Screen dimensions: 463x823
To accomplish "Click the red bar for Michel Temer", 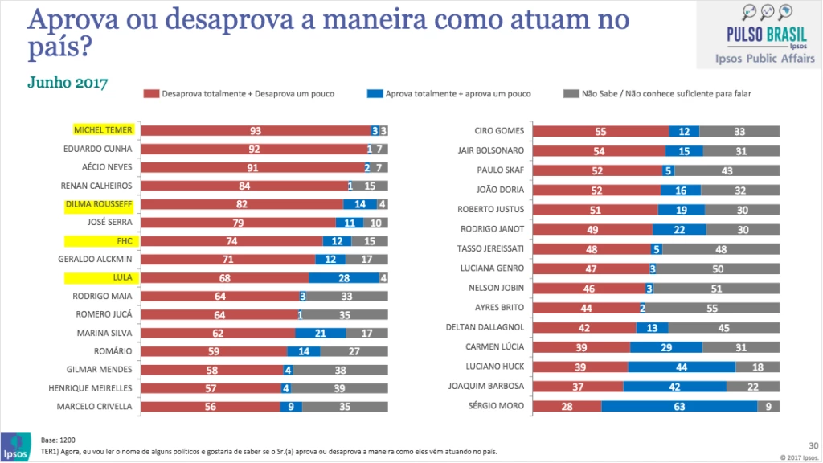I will (x=257, y=130).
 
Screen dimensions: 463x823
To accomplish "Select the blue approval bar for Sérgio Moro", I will (x=679, y=405).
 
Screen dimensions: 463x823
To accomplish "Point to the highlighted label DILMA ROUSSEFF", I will (x=102, y=204).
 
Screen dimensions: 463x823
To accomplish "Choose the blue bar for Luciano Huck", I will (x=682, y=366).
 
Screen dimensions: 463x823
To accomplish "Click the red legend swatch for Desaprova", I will (x=151, y=93).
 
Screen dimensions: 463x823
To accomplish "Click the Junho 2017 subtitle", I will (x=68, y=83).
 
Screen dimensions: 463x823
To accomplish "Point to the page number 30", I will (x=813, y=445).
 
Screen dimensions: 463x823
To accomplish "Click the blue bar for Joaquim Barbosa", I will (x=674, y=386).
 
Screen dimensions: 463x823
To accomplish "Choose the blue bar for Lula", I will (x=343, y=278).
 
